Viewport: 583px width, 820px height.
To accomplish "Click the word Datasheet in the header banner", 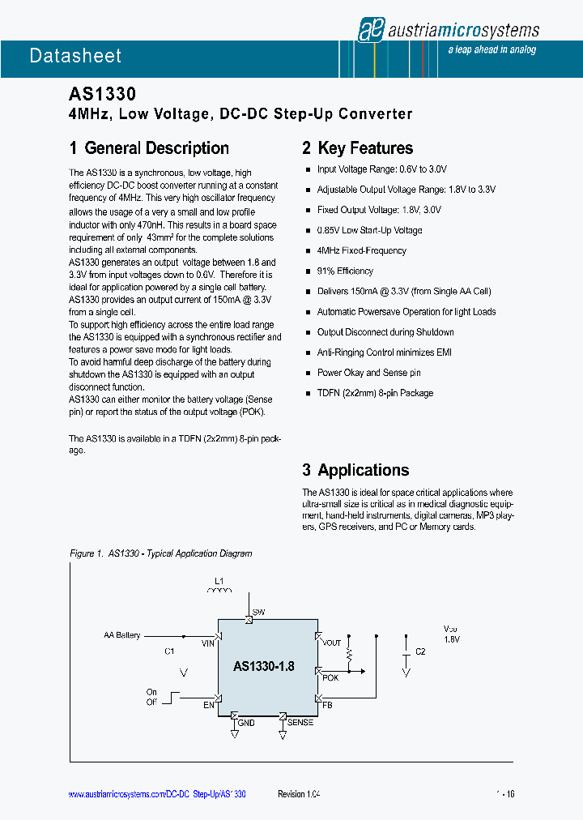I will pos(75,56).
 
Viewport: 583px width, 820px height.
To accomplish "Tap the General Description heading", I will pos(149,148).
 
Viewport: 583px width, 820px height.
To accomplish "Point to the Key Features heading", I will pos(357,148).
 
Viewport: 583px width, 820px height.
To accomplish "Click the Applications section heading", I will pos(355,470).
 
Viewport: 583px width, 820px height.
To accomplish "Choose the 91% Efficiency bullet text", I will pos(345,271).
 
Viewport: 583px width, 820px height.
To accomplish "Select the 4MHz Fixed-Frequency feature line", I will pos(361,251).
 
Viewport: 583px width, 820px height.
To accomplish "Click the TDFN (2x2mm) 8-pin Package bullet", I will pos(375,393).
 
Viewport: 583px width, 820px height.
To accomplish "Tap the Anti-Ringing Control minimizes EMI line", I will pos(384,352).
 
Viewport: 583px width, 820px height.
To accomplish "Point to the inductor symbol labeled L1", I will pos(219,590).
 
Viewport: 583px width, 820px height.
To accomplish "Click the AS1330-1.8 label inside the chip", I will pos(264,667).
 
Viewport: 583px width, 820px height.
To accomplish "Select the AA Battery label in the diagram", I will pos(122,635).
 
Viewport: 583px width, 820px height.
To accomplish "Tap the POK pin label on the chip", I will pos(330,677).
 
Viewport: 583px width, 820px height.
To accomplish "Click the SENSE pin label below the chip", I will pos(300,722).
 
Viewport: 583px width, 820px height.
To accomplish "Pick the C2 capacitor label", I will pos(420,651).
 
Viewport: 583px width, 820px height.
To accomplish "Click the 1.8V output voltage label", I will pos(452,639).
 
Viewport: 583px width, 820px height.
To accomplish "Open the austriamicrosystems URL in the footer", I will pos(156,795).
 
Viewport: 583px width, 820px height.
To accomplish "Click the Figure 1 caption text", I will pos(161,553).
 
